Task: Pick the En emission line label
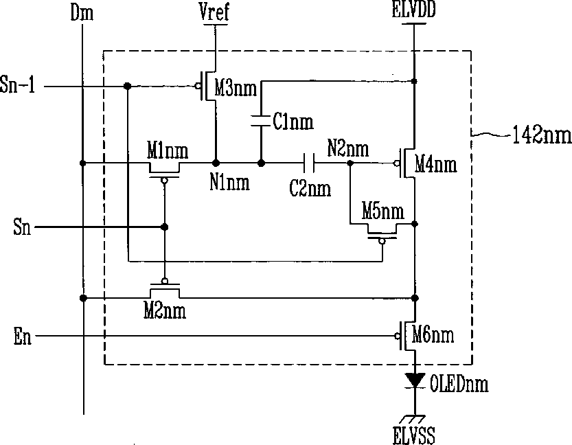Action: (22, 336)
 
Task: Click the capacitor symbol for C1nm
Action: (261, 122)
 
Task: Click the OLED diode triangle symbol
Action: (414, 380)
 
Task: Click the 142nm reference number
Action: (541, 135)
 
